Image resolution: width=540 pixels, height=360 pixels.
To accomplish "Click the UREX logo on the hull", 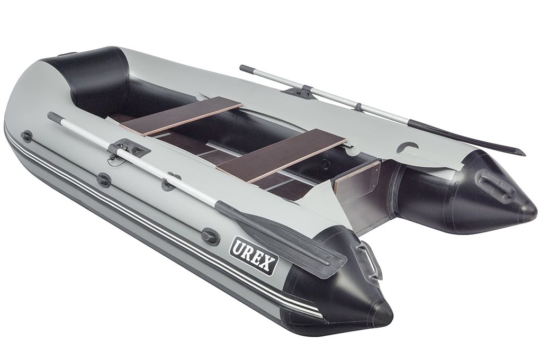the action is click(254, 256).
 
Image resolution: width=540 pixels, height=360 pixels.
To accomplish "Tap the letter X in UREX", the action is click(269, 264).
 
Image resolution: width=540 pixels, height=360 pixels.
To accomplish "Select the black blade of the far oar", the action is click(465, 136).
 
